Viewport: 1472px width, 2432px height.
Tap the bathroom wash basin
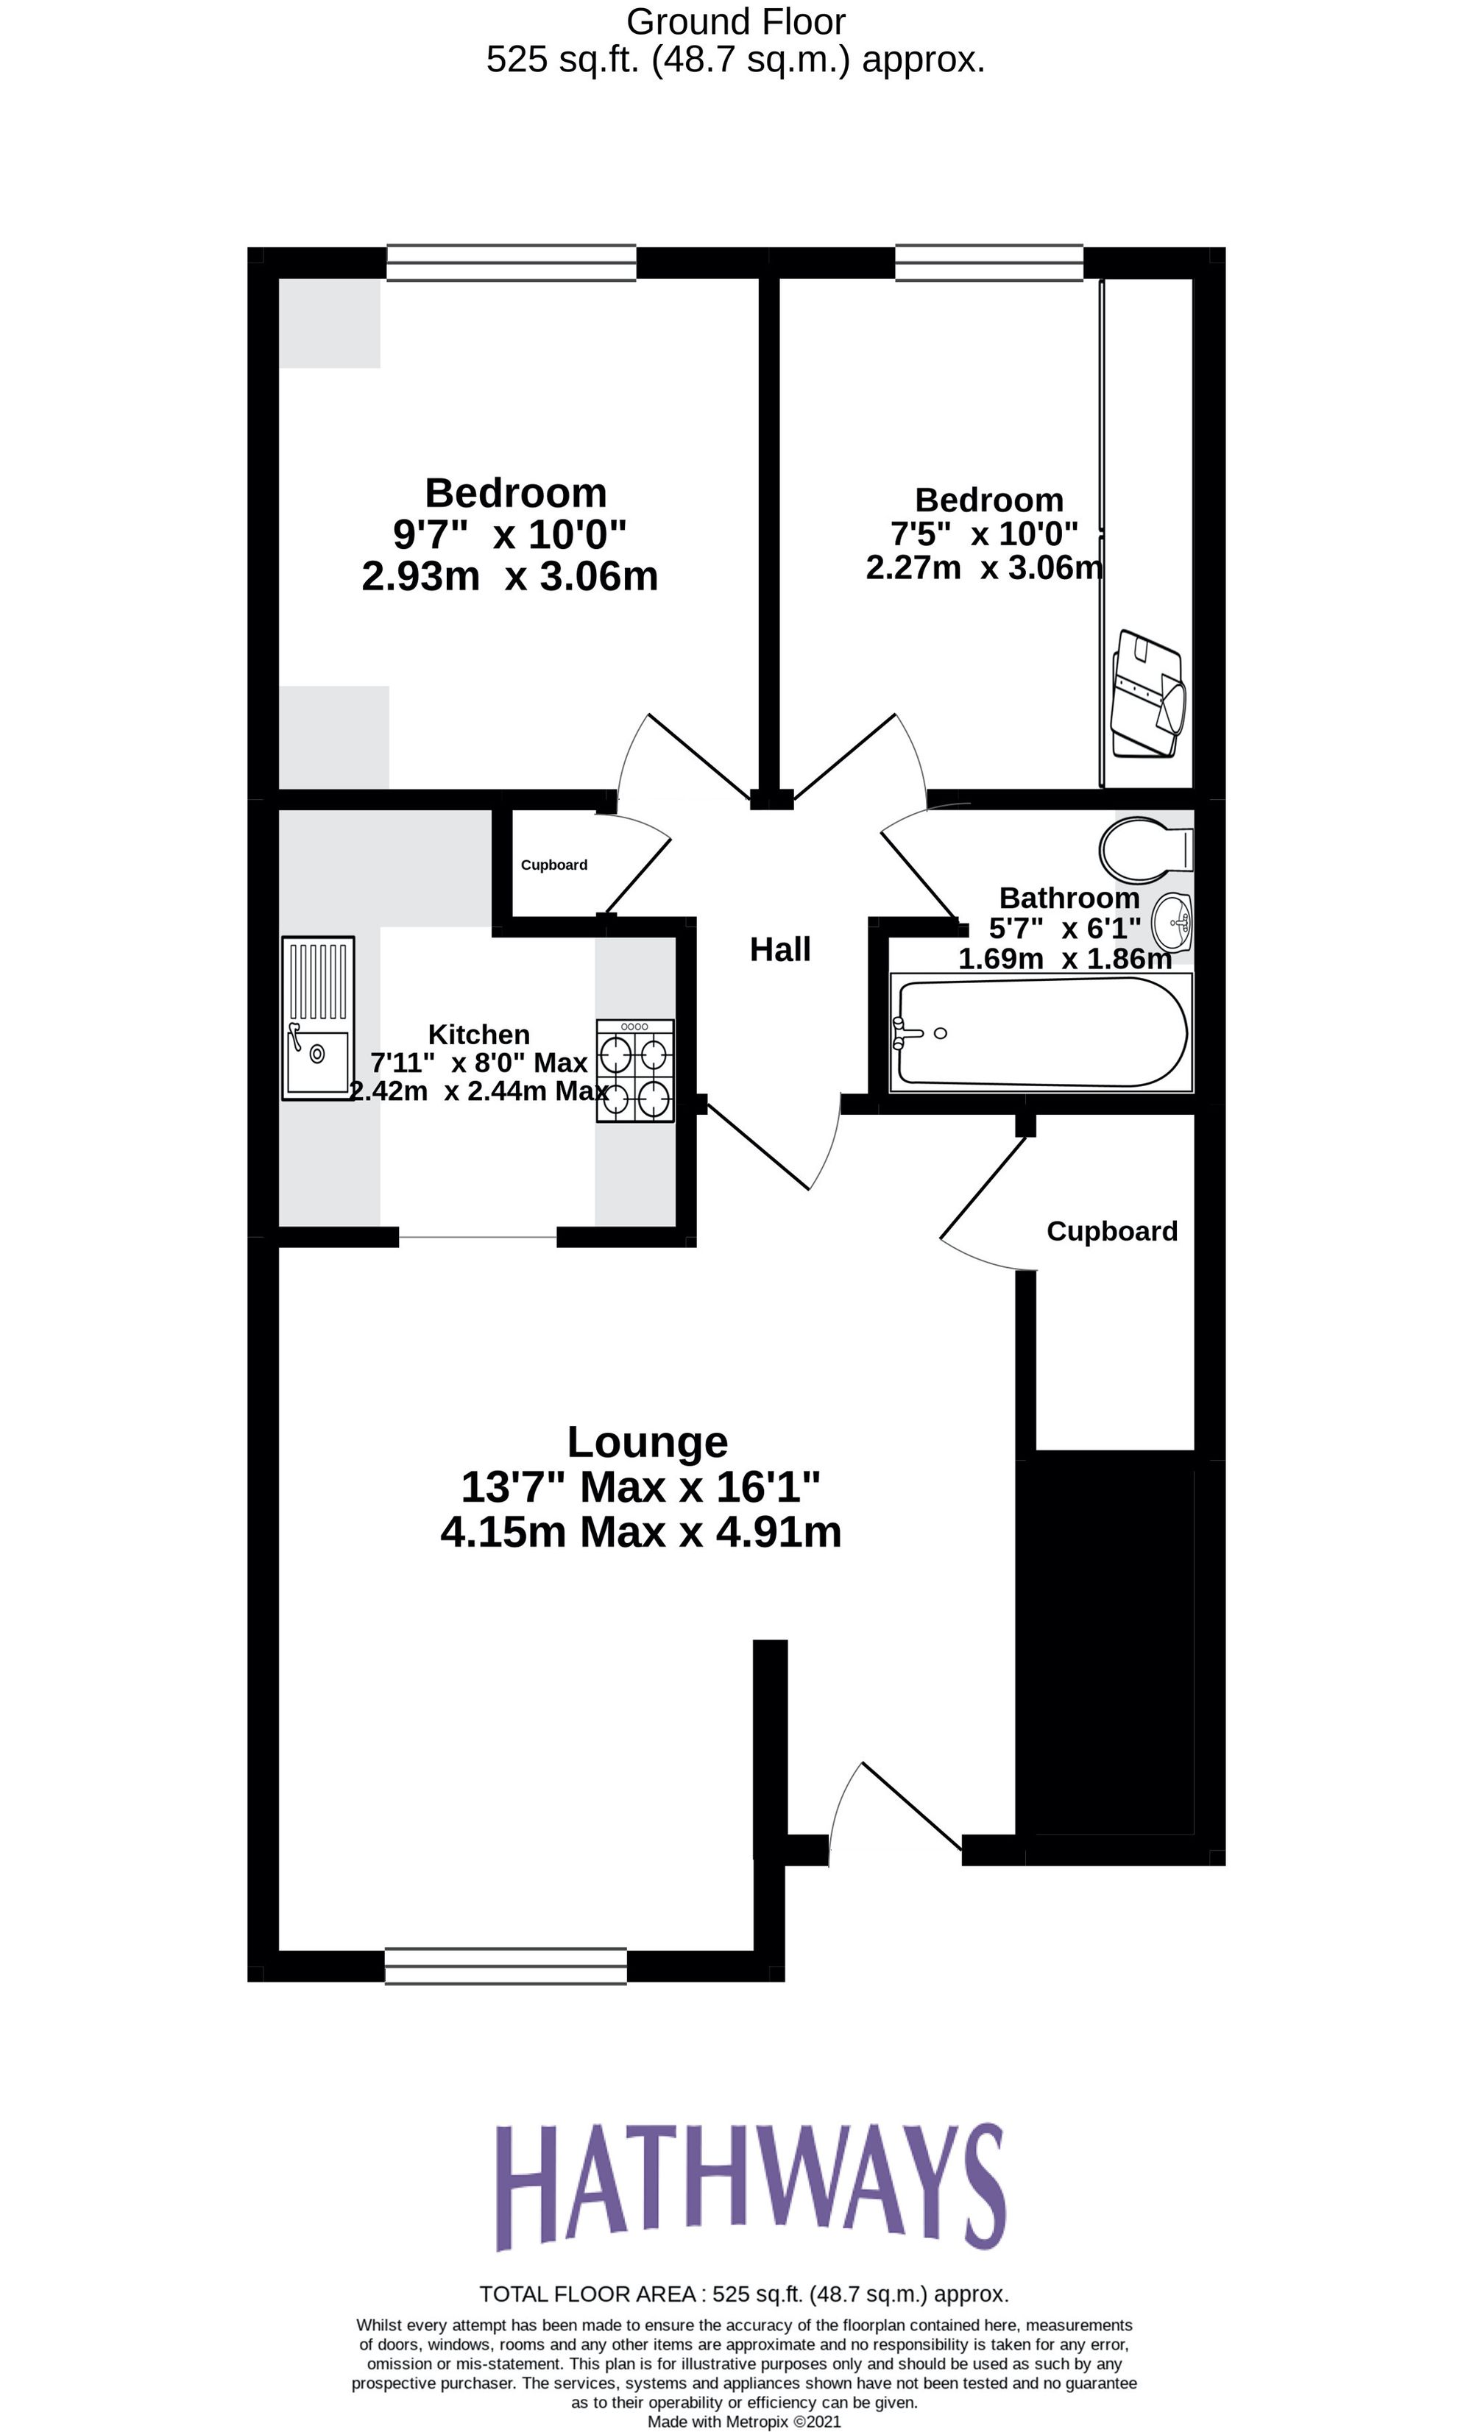(x=1173, y=923)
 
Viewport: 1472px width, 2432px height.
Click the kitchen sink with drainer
(x=318, y=1018)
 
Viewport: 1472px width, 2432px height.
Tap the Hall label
(x=780, y=949)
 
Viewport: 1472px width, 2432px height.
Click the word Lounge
(x=647, y=1442)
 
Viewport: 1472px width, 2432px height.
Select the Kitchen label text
(x=479, y=1035)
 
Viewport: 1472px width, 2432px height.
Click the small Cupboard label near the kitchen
(x=554, y=865)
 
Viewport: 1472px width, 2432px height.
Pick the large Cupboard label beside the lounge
(x=1111, y=1231)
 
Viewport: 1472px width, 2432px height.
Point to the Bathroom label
(x=1069, y=898)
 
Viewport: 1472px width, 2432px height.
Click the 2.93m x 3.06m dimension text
(x=509, y=576)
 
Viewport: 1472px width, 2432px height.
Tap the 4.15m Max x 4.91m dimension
(x=641, y=1533)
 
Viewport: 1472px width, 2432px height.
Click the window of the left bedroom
(x=510, y=263)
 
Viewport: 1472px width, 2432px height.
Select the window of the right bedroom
(x=988, y=263)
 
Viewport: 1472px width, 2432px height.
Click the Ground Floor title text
(x=735, y=22)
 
